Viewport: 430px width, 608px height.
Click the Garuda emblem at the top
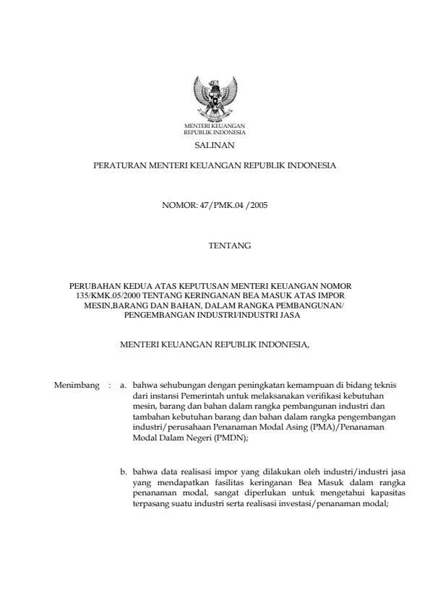click(x=215, y=98)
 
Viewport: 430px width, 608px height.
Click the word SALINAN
click(x=215, y=145)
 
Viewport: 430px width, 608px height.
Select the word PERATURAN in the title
click(x=120, y=166)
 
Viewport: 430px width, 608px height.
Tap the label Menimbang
click(x=76, y=386)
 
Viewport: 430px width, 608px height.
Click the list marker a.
click(x=124, y=386)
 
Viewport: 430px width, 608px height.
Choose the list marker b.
click(x=124, y=473)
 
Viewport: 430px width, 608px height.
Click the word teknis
click(x=383, y=386)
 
